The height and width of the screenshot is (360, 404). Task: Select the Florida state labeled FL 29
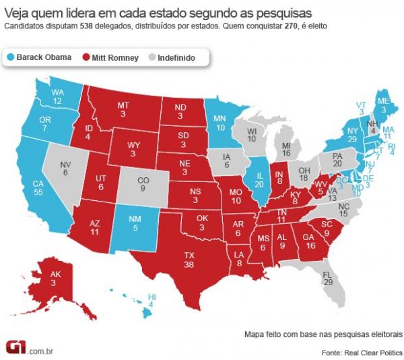click(328, 280)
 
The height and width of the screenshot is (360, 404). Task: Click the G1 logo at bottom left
click(15, 346)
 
